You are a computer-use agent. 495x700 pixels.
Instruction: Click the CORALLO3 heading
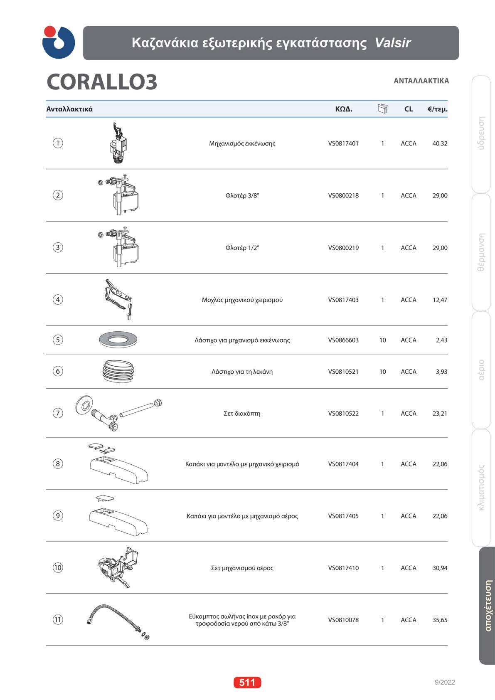(x=102, y=82)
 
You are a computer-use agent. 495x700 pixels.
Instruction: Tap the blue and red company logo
(x=59, y=42)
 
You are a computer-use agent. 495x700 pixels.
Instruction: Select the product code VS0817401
(x=343, y=143)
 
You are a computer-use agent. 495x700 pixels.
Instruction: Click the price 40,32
(x=440, y=143)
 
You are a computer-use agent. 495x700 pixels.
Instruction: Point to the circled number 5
(x=58, y=340)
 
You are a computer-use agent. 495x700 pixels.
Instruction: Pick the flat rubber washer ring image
(x=118, y=340)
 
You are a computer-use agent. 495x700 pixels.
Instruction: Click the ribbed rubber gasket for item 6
(x=118, y=371)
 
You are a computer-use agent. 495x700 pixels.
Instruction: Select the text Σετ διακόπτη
(x=242, y=414)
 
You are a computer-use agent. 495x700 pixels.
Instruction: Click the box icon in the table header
(x=382, y=109)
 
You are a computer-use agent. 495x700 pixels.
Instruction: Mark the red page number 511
(x=247, y=682)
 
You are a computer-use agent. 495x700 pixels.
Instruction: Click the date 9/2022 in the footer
(x=445, y=682)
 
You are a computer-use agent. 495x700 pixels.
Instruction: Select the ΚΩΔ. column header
(x=344, y=109)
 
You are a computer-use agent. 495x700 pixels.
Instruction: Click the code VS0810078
(x=343, y=620)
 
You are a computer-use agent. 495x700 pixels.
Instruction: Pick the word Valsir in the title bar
(x=392, y=43)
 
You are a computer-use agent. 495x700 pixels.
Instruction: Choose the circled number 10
(x=58, y=567)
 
